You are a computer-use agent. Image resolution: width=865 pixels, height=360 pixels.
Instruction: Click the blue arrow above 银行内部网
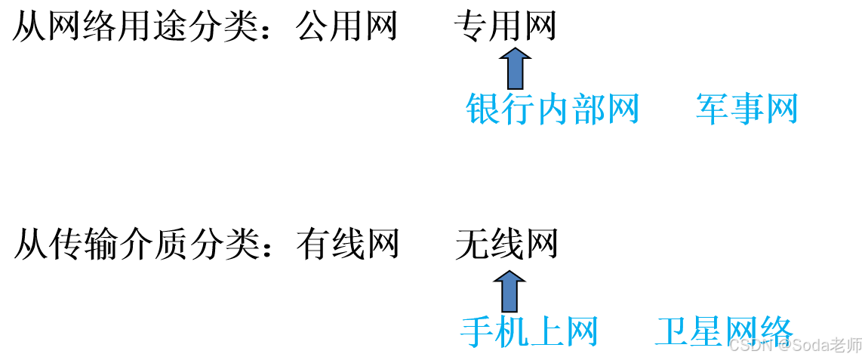516,68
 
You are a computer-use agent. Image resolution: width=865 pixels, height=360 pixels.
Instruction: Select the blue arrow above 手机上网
509,291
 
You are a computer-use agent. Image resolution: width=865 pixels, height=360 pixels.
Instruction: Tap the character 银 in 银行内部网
483,109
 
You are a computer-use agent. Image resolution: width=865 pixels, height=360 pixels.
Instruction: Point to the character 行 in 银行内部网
518,109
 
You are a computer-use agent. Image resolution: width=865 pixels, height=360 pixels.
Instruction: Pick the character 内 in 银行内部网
553,109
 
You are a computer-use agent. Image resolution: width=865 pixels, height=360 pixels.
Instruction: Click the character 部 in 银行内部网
588,109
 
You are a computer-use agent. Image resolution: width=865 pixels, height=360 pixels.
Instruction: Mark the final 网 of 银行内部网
623,109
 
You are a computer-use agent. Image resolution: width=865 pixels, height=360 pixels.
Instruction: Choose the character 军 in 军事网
713,109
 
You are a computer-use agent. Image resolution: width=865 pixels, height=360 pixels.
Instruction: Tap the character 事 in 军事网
747,109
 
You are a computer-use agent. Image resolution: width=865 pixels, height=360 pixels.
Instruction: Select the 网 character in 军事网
781,109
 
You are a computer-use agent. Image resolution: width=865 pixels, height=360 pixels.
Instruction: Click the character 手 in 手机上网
477,332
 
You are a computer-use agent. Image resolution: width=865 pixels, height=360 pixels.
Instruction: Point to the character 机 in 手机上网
512,332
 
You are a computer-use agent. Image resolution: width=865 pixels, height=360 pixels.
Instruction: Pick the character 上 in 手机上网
546,332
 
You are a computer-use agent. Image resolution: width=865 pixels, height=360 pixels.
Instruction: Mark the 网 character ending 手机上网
581,332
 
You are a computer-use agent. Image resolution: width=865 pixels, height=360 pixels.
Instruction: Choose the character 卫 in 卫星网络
673,332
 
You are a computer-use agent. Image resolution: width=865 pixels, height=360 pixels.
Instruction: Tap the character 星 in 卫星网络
707,332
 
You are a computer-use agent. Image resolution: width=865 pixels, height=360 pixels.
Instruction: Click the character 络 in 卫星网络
776,331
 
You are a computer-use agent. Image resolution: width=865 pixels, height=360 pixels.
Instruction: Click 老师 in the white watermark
845,345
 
